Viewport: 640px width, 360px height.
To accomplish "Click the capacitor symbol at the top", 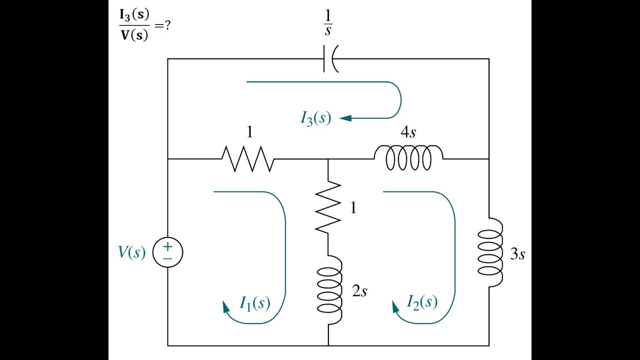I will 330,59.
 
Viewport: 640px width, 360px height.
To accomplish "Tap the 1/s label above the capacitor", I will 328,23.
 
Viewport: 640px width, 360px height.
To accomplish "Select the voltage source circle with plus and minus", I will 167,252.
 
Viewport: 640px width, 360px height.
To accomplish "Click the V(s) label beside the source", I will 131,252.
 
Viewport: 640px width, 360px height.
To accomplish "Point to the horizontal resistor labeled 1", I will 248,159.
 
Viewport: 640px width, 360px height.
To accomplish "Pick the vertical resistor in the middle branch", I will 328,206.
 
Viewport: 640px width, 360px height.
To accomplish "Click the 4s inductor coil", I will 408,157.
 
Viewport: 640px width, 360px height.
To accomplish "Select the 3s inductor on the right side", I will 489,252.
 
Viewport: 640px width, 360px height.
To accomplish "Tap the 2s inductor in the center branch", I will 329,289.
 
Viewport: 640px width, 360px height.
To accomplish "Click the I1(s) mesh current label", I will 255,303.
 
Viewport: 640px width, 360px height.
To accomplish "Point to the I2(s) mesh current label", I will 422,302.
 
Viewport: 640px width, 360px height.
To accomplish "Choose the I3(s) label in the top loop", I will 315,118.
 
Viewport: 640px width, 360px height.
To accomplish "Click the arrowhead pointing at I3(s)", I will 345,118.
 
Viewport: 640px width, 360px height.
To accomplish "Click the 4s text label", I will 408,132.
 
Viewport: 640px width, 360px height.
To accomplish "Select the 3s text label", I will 517,254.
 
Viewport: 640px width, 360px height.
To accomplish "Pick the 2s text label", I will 359,291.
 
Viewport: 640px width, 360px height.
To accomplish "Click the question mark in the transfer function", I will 167,25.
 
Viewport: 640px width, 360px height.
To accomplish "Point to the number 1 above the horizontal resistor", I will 249,132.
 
